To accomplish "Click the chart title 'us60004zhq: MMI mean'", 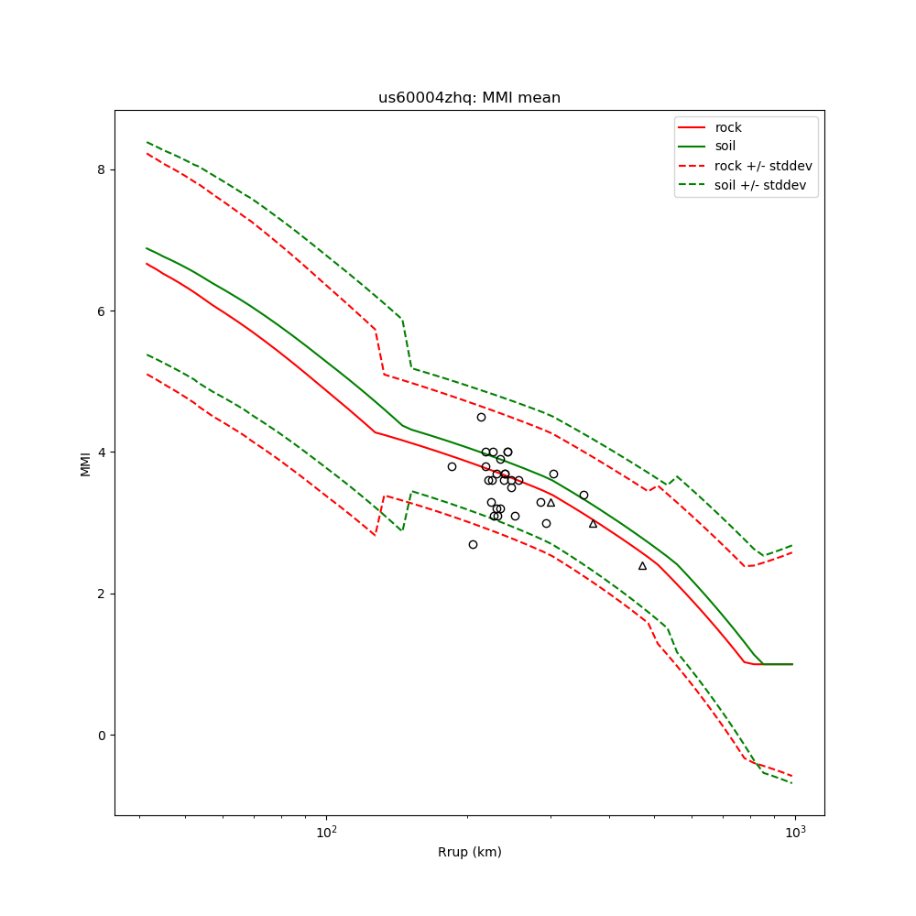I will [469, 98].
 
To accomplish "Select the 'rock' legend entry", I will [728, 127].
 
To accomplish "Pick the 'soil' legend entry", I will [725, 147].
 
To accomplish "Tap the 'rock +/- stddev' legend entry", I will [763, 166].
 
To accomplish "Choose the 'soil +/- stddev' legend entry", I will [763, 185].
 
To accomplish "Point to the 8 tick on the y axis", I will [103, 169].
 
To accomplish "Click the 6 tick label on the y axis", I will [103, 311].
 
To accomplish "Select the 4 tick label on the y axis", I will [103, 453].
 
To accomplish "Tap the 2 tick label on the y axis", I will [103, 594].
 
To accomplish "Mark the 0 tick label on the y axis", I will [103, 735].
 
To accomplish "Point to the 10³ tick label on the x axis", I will [795, 832].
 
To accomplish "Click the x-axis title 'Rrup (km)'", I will [469, 852].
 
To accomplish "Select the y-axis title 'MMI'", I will [86, 463].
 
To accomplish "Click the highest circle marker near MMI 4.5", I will [481, 417].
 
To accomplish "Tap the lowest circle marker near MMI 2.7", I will [473, 544].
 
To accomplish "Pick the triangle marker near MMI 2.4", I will [642, 565].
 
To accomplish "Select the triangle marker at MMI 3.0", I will [593, 523].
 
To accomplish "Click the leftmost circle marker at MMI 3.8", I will [452, 466].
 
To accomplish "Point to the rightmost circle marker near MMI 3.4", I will [583, 495].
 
